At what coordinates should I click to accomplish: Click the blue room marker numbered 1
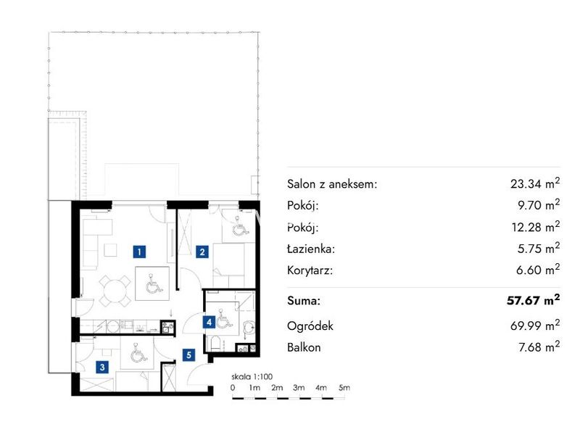click(x=139, y=252)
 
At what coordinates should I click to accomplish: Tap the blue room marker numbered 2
click(x=202, y=252)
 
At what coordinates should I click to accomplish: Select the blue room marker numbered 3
click(x=102, y=367)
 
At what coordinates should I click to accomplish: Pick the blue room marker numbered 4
click(x=209, y=322)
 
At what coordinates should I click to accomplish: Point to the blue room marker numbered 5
click(x=188, y=355)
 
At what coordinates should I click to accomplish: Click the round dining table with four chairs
click(x=115, y=291)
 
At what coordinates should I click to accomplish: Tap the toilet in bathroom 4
click(x=215, y=344)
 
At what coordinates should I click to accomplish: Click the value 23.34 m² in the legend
click(x=535, y=183)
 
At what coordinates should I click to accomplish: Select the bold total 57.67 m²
click(x=533, y=300)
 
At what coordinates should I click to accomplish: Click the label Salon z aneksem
click(x=332, y=184)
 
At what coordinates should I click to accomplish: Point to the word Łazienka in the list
click(x=311, y=249)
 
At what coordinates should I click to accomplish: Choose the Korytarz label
click(x=310, y=270)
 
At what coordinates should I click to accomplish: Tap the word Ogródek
click(x=310, y=326)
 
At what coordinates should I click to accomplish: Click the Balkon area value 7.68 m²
click(x=539, y=347)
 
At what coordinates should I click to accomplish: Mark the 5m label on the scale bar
click(x=344, y=388)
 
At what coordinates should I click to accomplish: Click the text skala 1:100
click(x=252, y=376)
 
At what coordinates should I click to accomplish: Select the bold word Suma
click(x=304, y=300)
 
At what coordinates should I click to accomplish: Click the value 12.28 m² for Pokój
click(x=536, y=227)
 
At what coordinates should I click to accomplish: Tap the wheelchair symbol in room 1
click(x=153, y=283)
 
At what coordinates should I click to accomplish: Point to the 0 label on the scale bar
click(x=232, y=388)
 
